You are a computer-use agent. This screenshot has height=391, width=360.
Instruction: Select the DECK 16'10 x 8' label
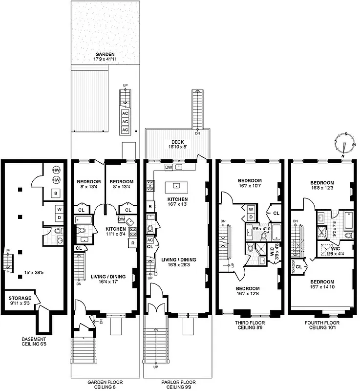[177, 144]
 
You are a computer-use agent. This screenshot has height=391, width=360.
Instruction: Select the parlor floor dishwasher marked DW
[169, 167]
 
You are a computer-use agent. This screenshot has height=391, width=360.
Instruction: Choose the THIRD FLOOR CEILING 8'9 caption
[250, 326]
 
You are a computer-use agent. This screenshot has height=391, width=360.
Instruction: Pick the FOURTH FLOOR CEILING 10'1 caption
[322, 326]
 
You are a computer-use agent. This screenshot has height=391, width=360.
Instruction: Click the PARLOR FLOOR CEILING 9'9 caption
[176, 384]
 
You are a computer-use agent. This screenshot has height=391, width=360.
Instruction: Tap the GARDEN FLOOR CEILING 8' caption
[105, 384]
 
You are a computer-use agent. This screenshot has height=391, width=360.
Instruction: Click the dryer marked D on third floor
[251, 217]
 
